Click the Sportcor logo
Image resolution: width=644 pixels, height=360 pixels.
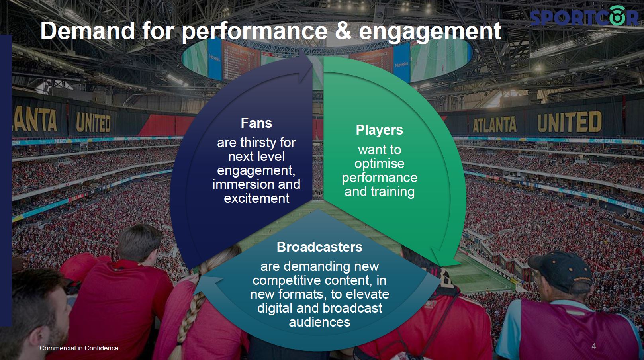pyautogui.click(x=583, y=16)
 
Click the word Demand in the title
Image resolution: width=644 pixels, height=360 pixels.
pyautogui.click(x=88, y=31)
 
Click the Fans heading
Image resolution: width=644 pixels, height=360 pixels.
pyautogui.click(x=256, y=123)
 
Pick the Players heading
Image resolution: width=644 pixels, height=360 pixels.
pyautogui.click(x=379, y=130)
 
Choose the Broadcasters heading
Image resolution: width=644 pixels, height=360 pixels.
pyautogui.click(x=319, y=247)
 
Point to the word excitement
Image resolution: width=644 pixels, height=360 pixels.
pyautogui.click(x=256, y=198)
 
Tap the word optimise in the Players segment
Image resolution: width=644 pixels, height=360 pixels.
pyautogui.click(x=380, y=164)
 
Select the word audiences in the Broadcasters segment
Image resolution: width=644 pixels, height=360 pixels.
pyautogui.click(x=319, y=322)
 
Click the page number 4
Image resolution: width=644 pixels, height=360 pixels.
pyautogui.click(x=594, y=346)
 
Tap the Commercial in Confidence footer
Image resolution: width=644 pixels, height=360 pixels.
pyautogui.click(x=79, y=348)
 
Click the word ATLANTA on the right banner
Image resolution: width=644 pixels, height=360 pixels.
pyautogui.click(x=495, y=125)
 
